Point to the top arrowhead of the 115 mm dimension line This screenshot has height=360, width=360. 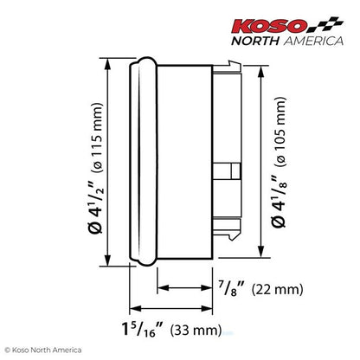[108, 66]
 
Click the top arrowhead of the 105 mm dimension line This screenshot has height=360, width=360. [259, 74]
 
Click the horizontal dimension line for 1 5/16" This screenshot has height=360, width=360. [173, 311]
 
